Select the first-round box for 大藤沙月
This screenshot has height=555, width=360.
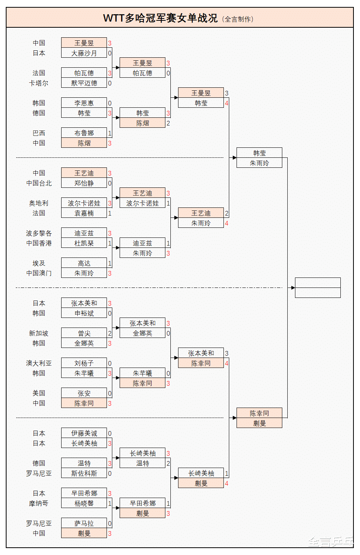[x=84, y=53]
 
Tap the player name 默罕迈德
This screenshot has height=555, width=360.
[x=84, y=83]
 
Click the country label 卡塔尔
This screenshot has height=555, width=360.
[x=38, y=83]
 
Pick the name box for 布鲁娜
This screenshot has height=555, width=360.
[x=84, y=133]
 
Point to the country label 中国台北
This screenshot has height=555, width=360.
[x=38, y=183]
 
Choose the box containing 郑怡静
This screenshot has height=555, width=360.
[x=84, y=183]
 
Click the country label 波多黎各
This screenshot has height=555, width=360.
[x=38, y=233]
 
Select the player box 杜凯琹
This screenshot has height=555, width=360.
[x=84, y=243]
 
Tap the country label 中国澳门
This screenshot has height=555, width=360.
[x=38, y=273]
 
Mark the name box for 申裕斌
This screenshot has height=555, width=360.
[x=84, y=313]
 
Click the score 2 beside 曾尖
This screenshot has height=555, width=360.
[x=110, y=333]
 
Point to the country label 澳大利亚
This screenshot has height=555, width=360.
[x=38, y=363]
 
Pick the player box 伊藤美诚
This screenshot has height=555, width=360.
[x=84, y=433]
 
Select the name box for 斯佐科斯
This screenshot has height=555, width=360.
[x=84, y=473]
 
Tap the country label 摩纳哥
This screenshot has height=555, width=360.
[x=38, y=503]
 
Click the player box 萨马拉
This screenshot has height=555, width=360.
[x=84, y=523]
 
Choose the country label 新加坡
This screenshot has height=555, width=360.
[x=38, y=333]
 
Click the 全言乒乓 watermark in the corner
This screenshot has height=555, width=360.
[x=331, y=542]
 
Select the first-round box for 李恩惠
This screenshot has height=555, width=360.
[x=84, y=103]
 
